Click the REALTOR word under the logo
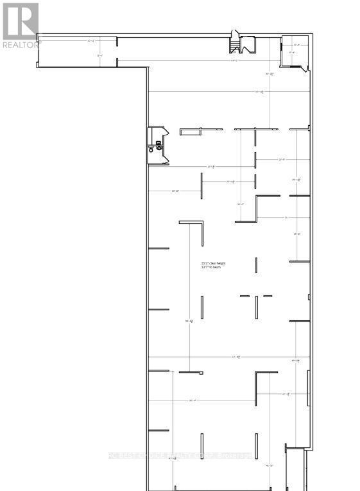coord(19,45)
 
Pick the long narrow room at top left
coord(77,51)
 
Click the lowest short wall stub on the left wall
coord(159,431)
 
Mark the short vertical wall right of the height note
coord(256,264)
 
